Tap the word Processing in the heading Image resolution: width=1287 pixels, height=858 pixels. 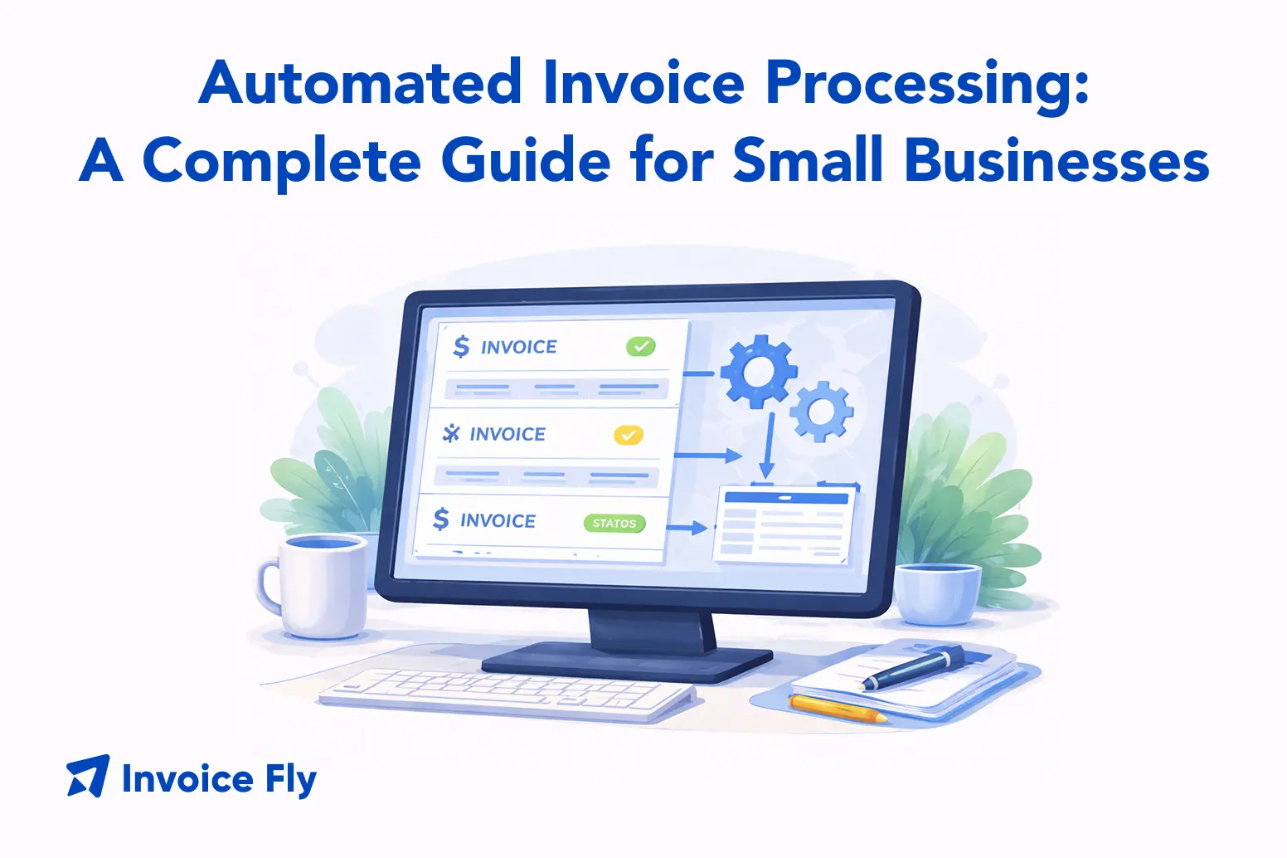(x=927, y=87)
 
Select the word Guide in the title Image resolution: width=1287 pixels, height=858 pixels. (x=526, y=159)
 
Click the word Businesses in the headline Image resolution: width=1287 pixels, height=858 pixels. (x=1057, y=159)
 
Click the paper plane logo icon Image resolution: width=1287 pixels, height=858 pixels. (x=88, y=776)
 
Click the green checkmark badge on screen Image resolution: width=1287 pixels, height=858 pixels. (x=641, y=346)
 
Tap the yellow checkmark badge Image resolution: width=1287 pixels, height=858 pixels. (x=629, y=435)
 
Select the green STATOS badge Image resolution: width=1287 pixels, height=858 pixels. (x=614, y=524)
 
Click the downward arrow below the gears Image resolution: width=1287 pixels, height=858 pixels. (x=768, y=446)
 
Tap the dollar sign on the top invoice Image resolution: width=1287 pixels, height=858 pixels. (x=461, y=346)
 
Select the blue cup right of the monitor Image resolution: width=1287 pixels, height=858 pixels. (x=936, y=593)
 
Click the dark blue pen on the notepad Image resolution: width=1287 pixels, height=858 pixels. (x=914, y=668)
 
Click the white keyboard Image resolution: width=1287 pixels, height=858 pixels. (x=507, y=694)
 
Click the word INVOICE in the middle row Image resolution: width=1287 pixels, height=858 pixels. (x=508, y=434)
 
